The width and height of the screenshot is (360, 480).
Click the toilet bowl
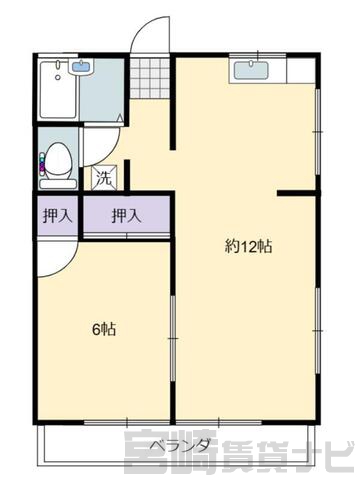[58, 159]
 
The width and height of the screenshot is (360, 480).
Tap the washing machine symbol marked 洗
[104, 178]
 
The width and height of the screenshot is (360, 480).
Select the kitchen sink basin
[251, 71]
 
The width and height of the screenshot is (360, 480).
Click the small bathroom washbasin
[81, 67]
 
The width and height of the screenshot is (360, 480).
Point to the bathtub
[59, 89]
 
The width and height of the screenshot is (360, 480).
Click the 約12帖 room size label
[249, 247]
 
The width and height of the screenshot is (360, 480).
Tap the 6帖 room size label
[104, 329]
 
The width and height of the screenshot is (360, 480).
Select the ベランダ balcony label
[180, 445]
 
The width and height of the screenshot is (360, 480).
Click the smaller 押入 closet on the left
[57, 216]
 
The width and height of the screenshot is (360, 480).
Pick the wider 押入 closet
[126, 216]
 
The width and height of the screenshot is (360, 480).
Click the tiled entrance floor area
[150, 78]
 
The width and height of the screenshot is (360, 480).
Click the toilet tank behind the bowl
[58, 184]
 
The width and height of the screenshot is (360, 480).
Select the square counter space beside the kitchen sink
[300, 71]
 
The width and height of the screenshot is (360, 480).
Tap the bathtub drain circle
[58, 77]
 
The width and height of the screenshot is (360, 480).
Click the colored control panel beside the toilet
[42, 164]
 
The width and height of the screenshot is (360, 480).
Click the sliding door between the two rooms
[173, 338]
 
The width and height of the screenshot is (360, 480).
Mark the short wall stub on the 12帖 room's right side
[299, 193]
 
